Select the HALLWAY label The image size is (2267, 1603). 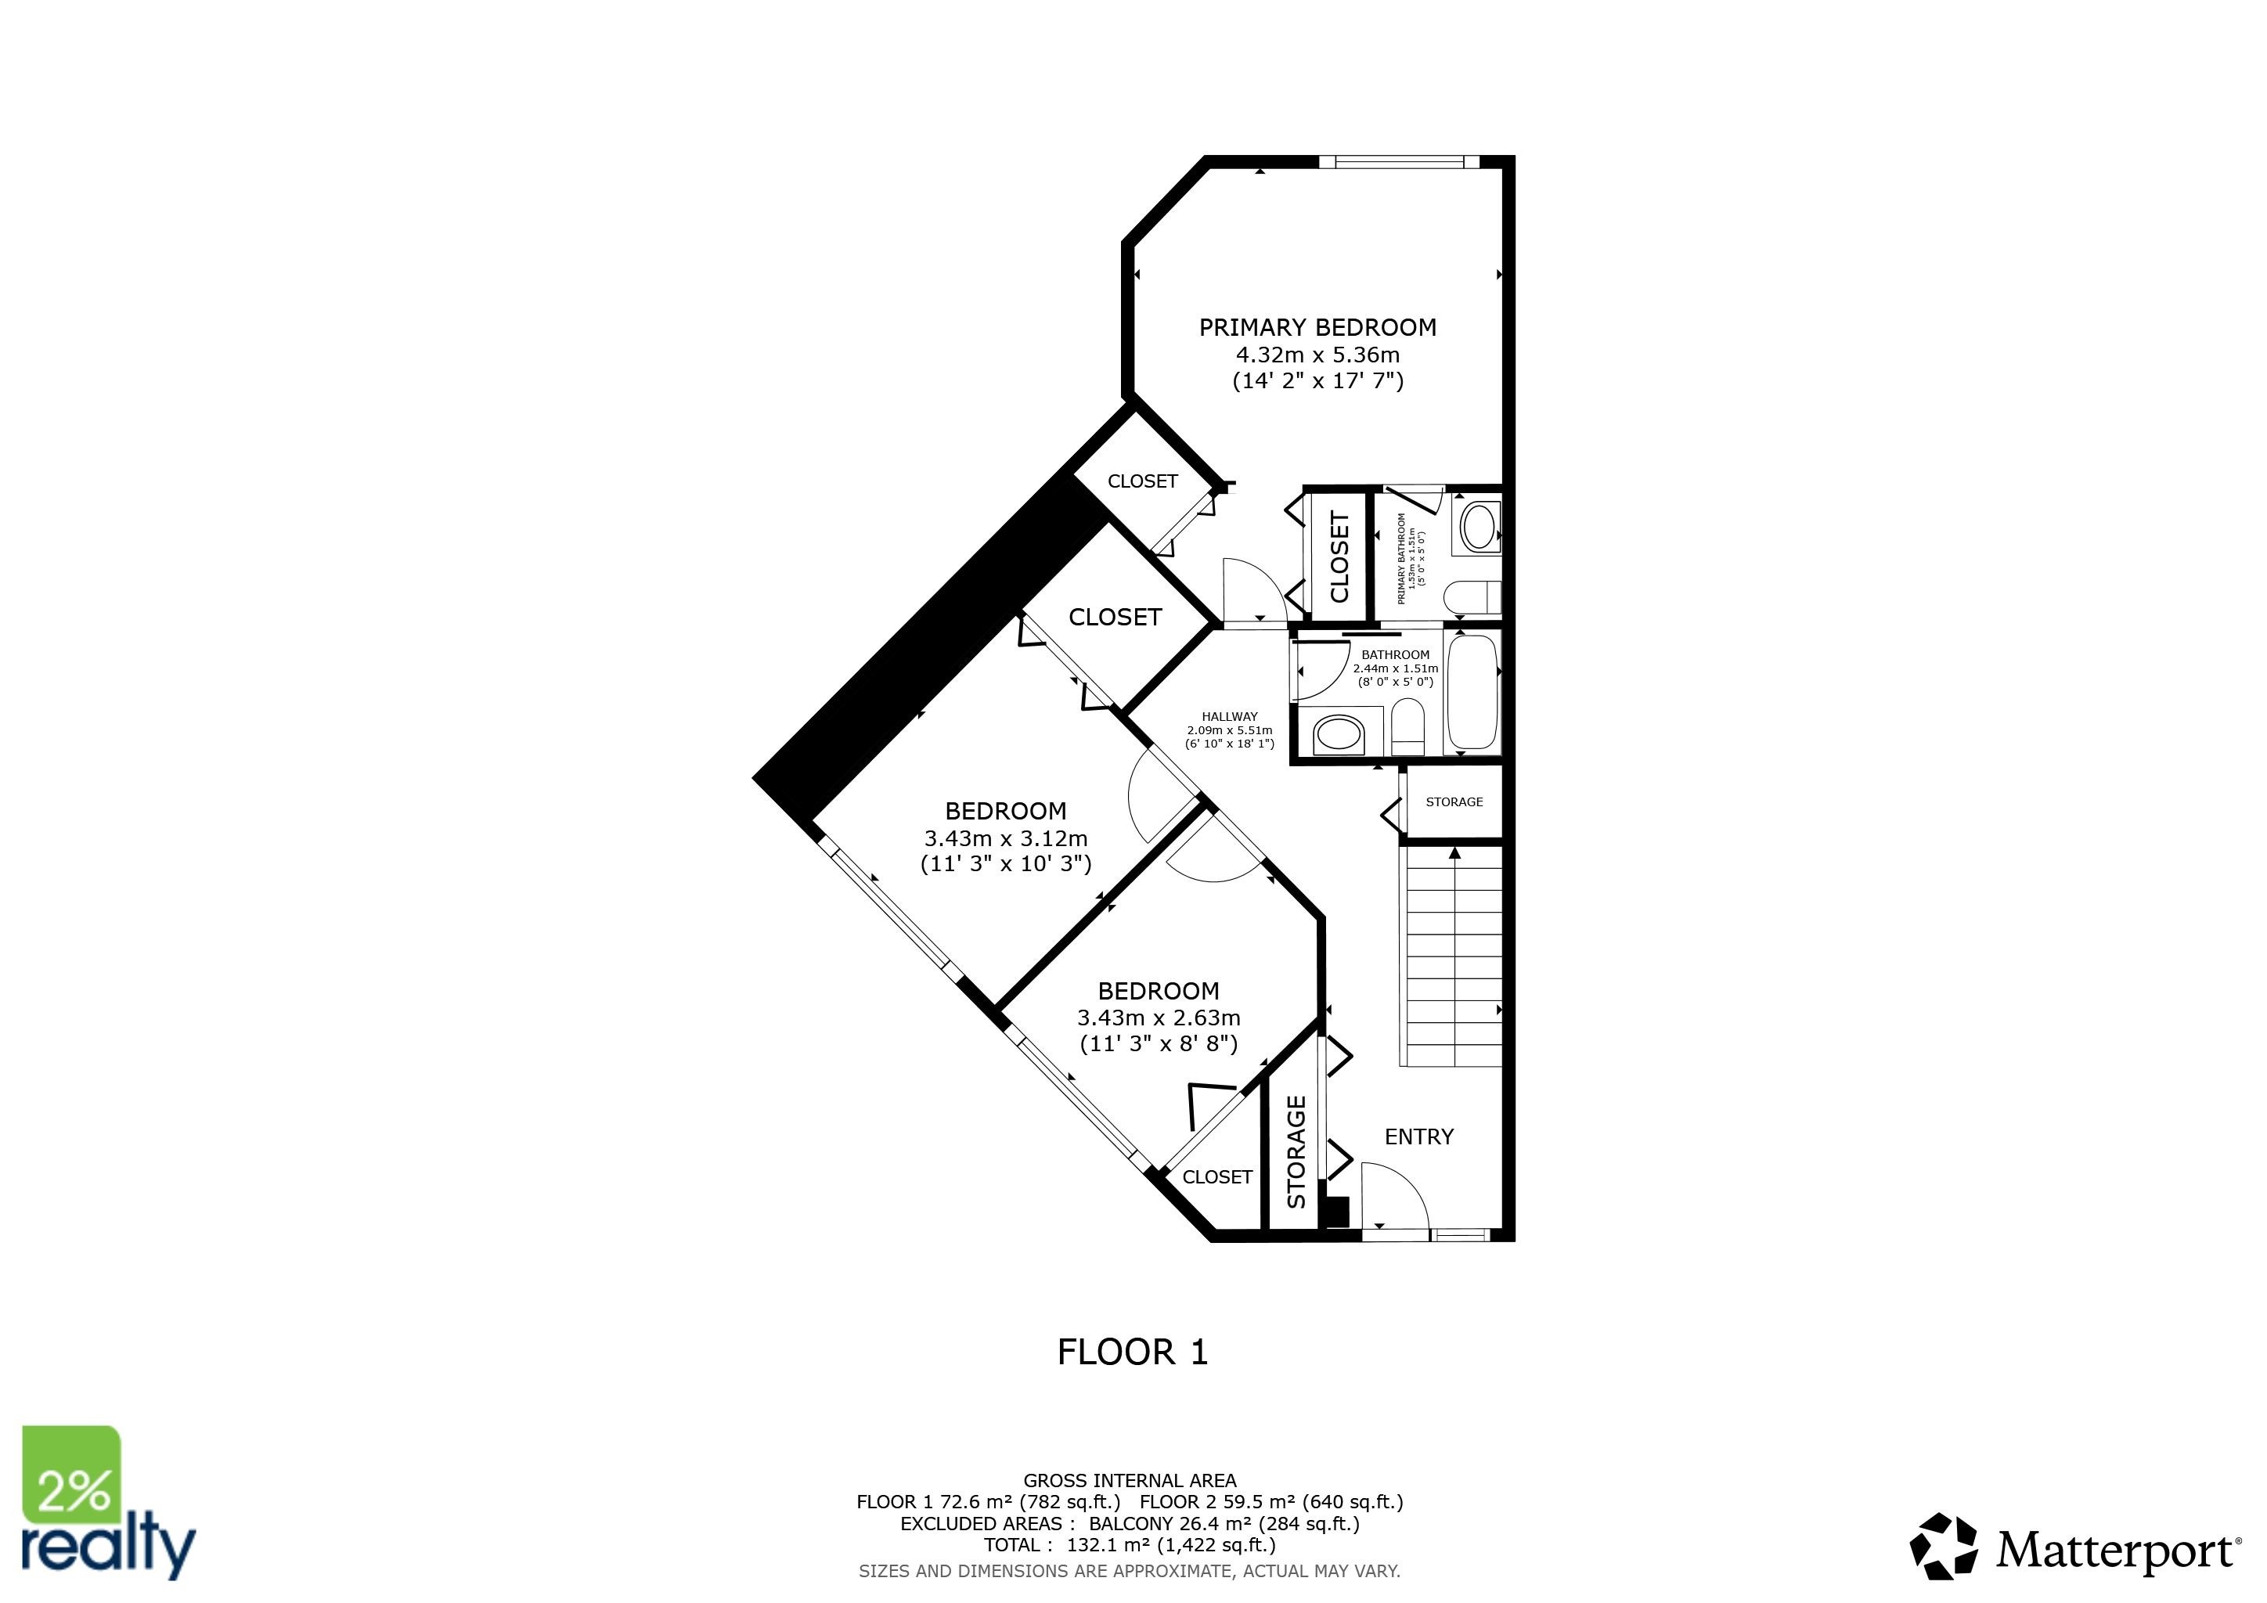1229,717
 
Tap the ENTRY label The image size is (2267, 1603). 1419,1137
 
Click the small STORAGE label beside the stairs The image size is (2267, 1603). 1454,802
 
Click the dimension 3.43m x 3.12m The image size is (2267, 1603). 1005,839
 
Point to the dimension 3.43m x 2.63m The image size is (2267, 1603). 1159,1018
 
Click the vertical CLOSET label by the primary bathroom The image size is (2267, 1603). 1339,557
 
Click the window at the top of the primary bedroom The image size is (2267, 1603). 1399,163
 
